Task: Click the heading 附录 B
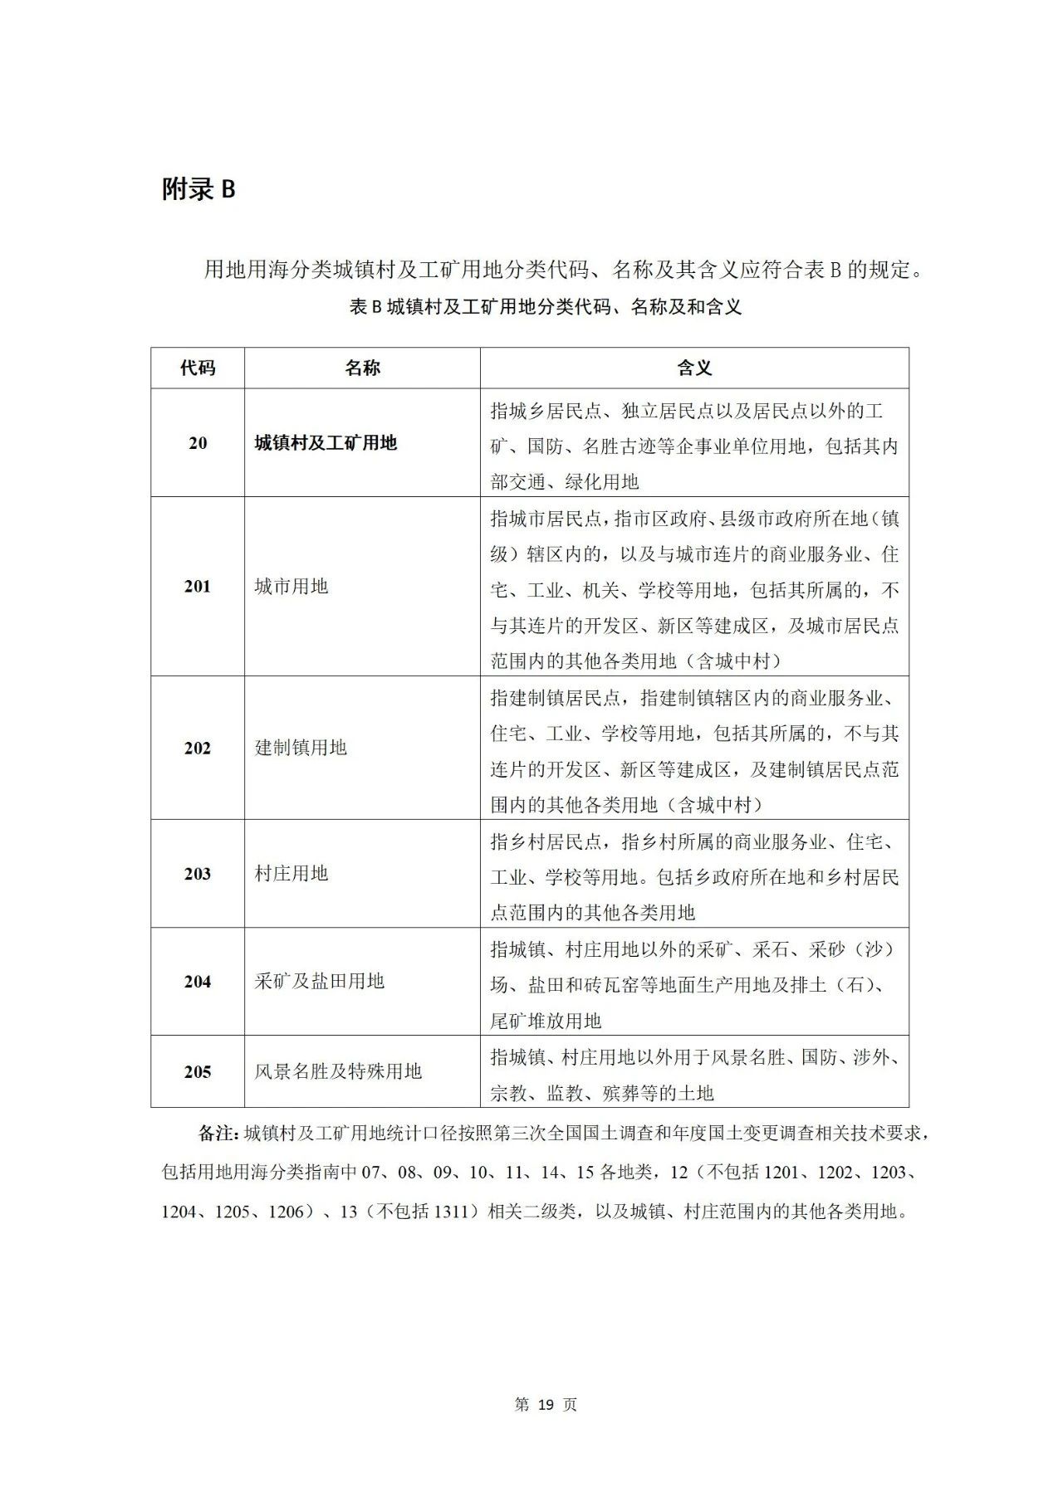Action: coord(198,190)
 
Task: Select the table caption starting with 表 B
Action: coord(546,308)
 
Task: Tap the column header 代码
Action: coord(198,368)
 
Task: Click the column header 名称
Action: coord(362,368)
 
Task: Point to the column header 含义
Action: coord(694,368)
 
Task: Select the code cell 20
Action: coord(198,443)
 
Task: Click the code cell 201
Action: coord(198,587)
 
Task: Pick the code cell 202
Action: coord(198,749)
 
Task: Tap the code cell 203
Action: coord(198,874)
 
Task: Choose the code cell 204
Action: coord(198,982)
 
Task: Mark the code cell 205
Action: coord(198,1072)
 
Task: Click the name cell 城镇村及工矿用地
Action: coord(326,443)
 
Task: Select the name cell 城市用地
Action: coord(291,587)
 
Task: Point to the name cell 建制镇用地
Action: coord(301,749)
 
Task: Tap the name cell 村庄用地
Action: coord(291,874)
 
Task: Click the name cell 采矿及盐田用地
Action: coord(320,982)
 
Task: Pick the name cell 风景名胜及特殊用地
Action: coord(338,1072)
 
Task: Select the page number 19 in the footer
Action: coord(546,1405)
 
